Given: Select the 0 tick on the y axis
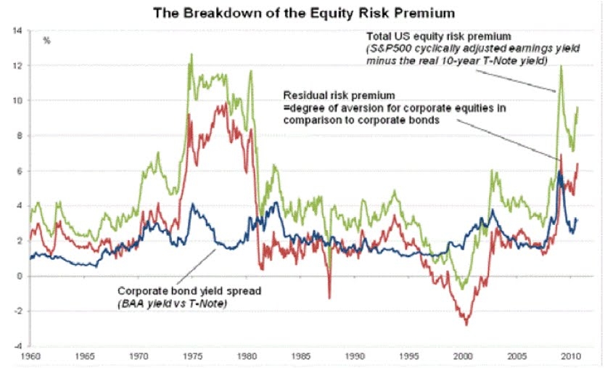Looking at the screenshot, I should [18, 276].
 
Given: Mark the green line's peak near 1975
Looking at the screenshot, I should [191, 54].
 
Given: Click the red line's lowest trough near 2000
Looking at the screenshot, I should [466, 324].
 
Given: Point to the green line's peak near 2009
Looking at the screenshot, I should [561, 67].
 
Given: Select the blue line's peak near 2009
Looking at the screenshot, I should [559, 173].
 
